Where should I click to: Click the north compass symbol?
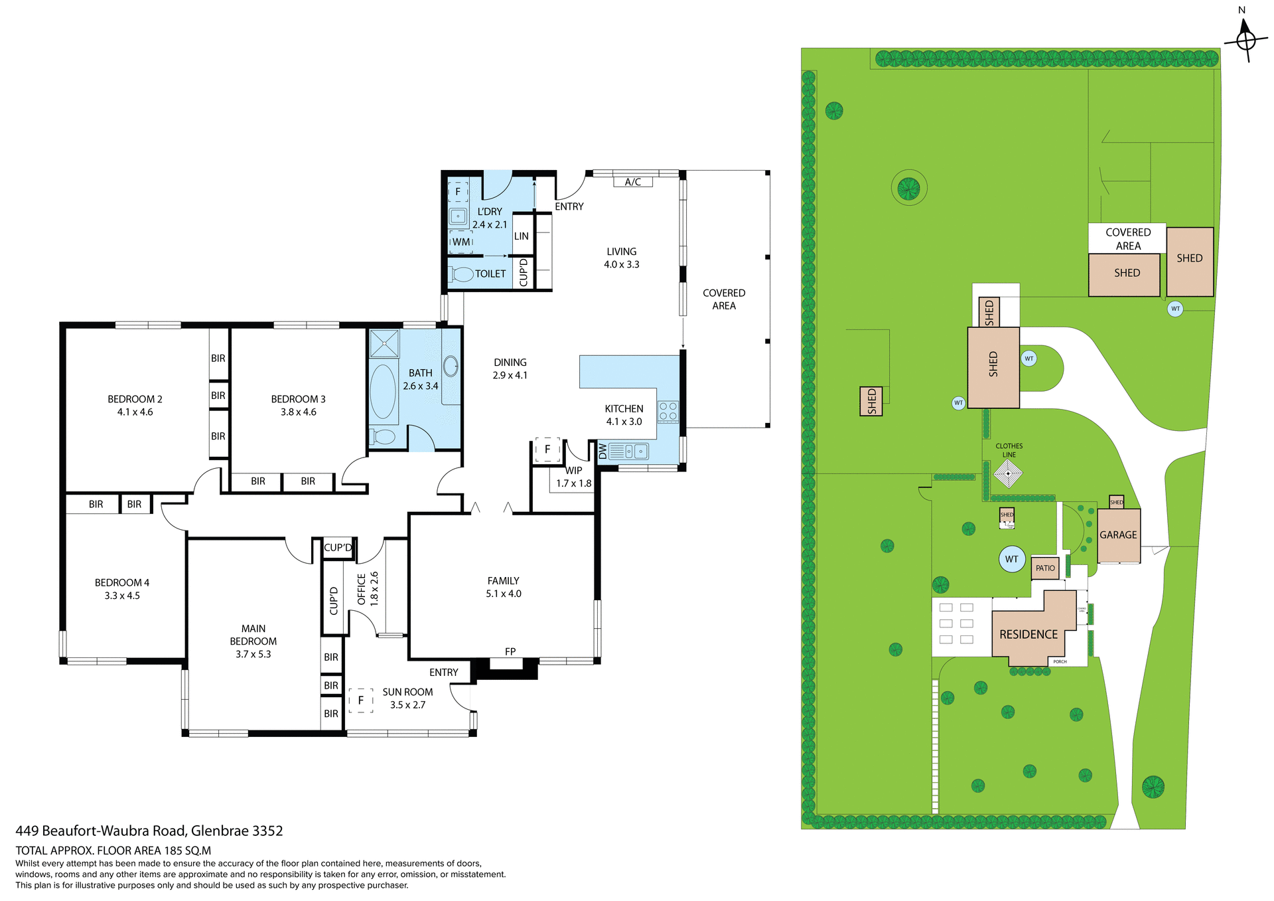[x=1245, y=40]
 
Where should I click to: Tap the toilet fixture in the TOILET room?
[x=462, y=274]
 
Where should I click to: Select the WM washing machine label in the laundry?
[x=461, y=242]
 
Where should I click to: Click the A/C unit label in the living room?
[x=632, y=181]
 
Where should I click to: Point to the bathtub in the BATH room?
[x=383, y=390]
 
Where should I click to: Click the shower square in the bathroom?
[x=384, y=343]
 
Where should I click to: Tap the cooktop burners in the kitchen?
[x=668, y=412]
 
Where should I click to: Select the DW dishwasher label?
[x=602, y=452]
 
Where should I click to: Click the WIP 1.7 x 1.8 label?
[x=573, y=477]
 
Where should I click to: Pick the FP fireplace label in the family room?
[x=510, y=651]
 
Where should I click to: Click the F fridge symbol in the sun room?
[x=361, y=700]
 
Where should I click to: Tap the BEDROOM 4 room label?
[x=122, y=588]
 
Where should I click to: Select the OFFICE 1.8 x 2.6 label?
[x=368, y=589]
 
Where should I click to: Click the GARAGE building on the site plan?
[x=1118, y=535]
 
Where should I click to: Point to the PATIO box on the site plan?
[x=1045, y=568]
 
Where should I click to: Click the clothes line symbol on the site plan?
[x=1008, y=473]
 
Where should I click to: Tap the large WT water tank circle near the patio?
[x=1012, y=559]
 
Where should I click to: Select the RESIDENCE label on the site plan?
[x=1028, y=634]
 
